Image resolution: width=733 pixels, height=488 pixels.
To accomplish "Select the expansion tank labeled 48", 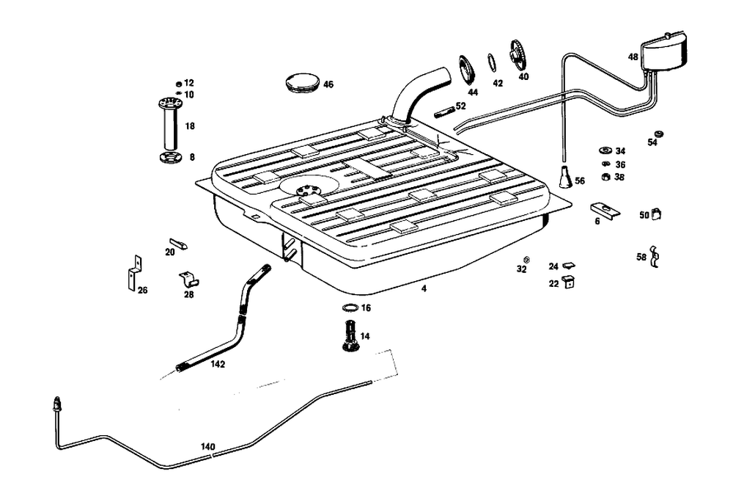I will click(x=663, y=53).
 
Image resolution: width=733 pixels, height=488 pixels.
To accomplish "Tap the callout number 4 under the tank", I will click(x=424, y=288).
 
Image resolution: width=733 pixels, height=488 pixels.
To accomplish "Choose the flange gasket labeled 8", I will click(x=169, y=158).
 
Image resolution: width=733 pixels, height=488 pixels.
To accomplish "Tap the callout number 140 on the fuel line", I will click(x=208, y=446).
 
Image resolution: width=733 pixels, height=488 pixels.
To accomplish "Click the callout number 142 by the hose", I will click(x=217, y=364).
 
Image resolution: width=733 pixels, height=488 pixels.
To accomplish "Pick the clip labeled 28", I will click(x=189, y=278).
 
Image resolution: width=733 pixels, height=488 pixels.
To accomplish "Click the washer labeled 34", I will click(x=605, y=151).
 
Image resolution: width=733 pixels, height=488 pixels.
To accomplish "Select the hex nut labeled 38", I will click(x=605, y=177).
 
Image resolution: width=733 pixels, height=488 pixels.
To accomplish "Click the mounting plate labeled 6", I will click(x=605, y=210).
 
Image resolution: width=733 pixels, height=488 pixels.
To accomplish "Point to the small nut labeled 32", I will click(x=526, y=260).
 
